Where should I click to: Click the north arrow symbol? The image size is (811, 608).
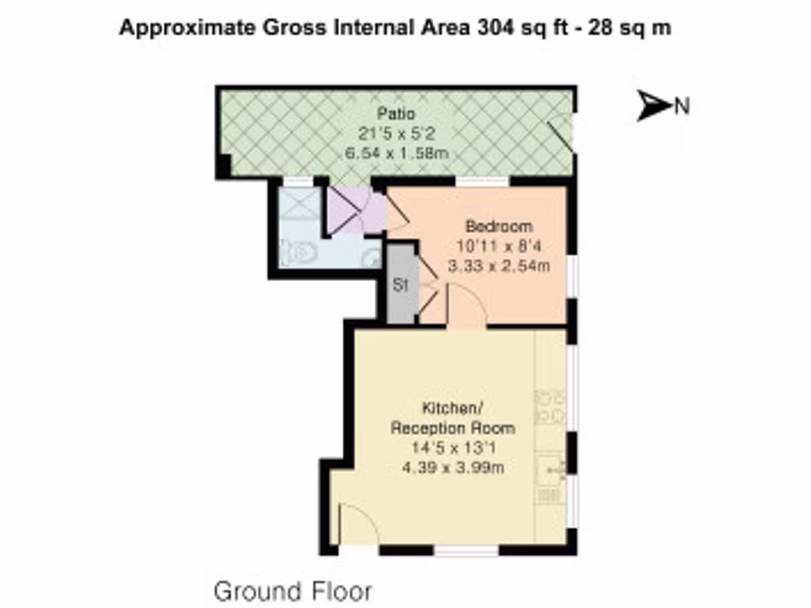tap(653, 105)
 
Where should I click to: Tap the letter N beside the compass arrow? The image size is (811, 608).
tap(681, 106)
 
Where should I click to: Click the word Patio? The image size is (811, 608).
tap(396, 114)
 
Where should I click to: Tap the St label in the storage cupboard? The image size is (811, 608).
tap(401, 286)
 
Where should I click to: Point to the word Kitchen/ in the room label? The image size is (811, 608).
tap(452, 409)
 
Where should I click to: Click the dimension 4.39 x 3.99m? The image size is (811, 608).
tap(452, 467)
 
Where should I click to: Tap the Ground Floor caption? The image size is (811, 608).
tap(292, 591)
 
